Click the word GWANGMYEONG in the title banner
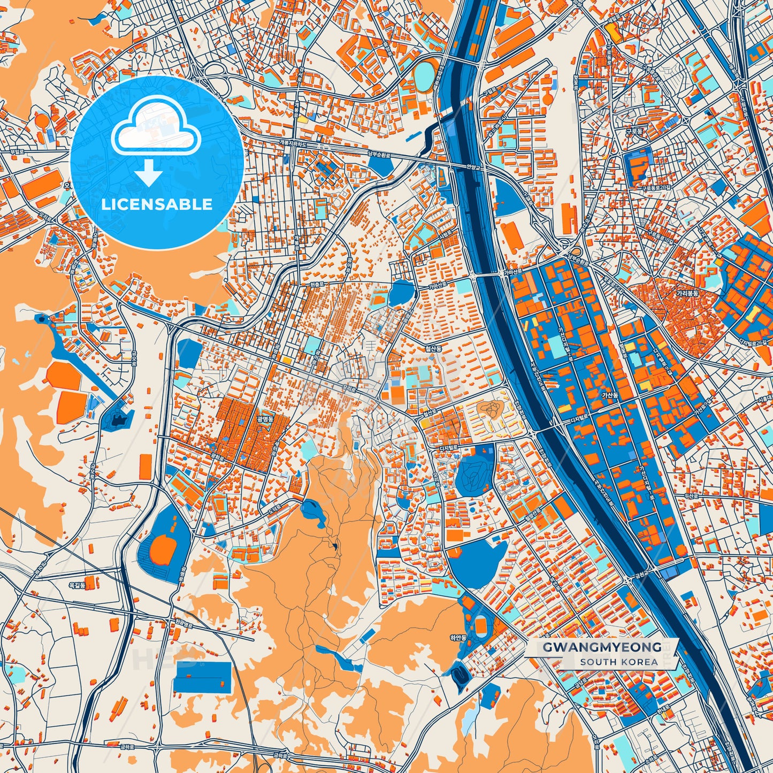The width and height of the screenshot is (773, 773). click(602, 647)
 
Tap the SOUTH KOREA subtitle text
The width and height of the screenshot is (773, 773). click(618, 662)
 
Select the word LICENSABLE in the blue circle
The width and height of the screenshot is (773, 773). click(157, 204)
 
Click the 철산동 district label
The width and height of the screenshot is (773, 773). click(433, 348)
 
